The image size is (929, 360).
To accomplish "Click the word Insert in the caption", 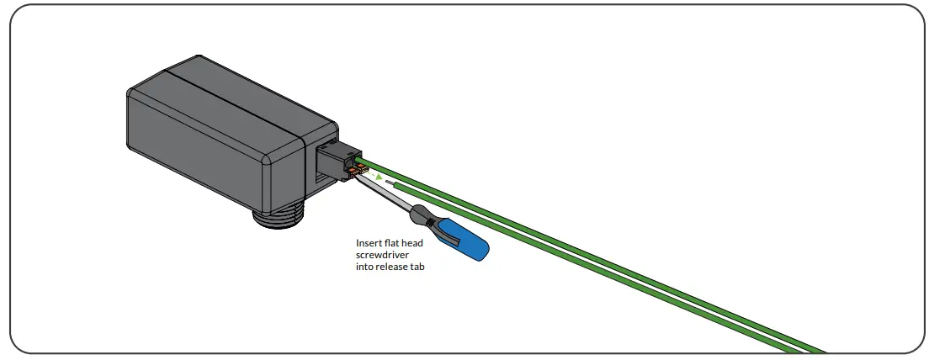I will (x=369, y=244).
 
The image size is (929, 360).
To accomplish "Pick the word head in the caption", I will (x=413, y=244).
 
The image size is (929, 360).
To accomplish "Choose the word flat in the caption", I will (x=392, y=244).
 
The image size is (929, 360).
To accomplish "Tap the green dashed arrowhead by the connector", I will (x=379, y=177).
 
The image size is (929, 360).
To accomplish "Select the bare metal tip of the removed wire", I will (x=391, y=182).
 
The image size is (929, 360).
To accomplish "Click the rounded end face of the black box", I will (x=283, y=172).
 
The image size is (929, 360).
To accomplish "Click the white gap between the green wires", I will (x=589, y=244).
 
